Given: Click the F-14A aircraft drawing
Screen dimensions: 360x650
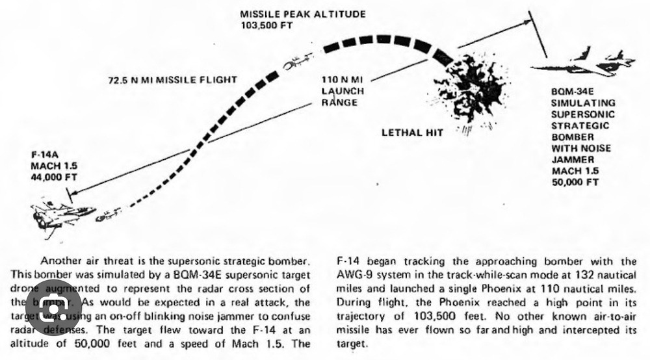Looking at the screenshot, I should pos(62,215).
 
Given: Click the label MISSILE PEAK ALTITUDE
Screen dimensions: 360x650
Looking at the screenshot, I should pos(303,14).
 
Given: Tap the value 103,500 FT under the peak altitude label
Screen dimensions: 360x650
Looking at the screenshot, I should pos(266,25).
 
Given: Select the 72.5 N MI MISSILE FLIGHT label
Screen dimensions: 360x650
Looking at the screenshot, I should pos(172,81).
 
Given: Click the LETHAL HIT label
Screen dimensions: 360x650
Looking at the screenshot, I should pos(411,133).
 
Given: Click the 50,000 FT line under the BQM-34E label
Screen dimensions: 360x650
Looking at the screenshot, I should pos(575,183).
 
